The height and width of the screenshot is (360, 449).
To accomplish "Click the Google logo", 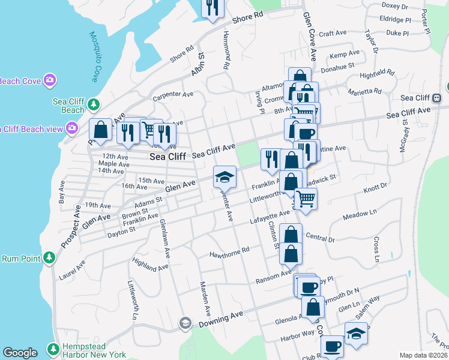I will [20, 353].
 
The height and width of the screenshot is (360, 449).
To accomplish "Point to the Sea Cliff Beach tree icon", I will [93, 105].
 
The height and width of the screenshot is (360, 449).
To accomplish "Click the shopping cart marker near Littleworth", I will [306, 198].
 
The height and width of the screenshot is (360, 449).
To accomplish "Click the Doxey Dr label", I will [394, 7].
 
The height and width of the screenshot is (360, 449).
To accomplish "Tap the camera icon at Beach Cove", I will [49, 79].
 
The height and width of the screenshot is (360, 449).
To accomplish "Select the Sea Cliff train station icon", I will [438, 98].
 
